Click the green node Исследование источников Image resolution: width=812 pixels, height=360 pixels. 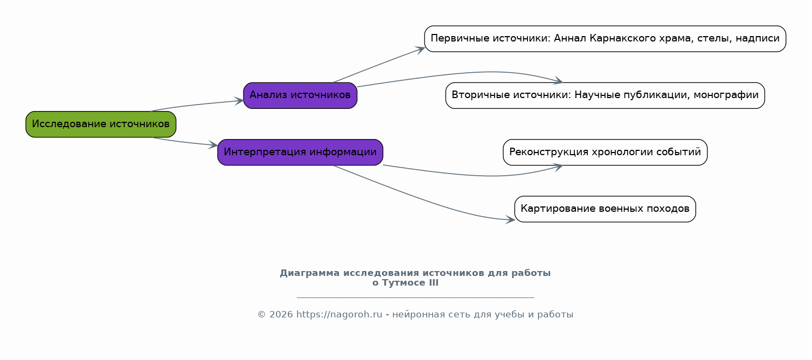pyautogui.click(x=101, y=124)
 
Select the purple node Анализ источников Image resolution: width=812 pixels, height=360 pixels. pyautogui.click(x=300, y=96)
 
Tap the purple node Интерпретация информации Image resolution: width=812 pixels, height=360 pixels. pyautogui.click(x=300, y=153)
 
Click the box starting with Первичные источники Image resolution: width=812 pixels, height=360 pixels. pyautogui.click(x=605, y=39)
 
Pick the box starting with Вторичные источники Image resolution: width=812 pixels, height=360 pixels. pyautogui.click(x=605, y=96)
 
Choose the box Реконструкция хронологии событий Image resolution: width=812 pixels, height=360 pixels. pyautogui.click(x=605, y=153)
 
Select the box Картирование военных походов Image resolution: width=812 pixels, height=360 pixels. pyautogui.click(x=605, y=209)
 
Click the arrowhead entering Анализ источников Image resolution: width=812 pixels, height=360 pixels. pyautogui.click(x=239, y=101)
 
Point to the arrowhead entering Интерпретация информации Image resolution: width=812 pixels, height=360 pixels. pyautogui.click(x=213, y=145)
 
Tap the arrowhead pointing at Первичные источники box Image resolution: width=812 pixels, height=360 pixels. pyautogui.click(x=420, y=50)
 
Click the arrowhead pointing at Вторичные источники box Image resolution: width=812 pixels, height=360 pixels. pyautogui.click(x=558, y=81)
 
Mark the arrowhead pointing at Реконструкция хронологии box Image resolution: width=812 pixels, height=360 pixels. pyautogui.click(x=558, y=167)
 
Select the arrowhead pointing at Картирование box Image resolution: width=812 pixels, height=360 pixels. pyautogui.click(x=510, y=220)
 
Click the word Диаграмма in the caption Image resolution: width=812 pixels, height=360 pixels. pyautogui.click(x=310, y=273)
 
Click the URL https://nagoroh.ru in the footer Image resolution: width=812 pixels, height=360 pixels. pyautogui.click(x=339, y=315)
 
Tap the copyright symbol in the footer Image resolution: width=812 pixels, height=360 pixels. pyautogui.click(x=262, y=315)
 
